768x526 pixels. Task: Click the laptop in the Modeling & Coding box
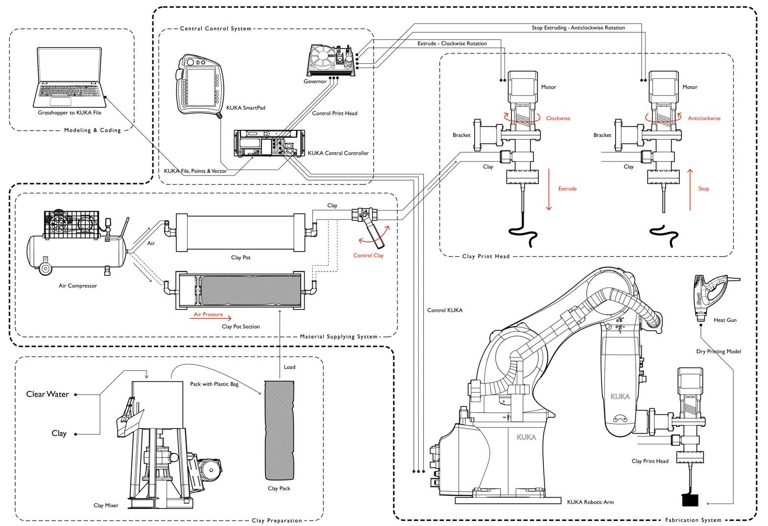point(69,77)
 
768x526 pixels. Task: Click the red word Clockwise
point(558,119)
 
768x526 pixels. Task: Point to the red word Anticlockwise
point(704,119)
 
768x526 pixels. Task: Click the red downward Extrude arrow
point(549,189)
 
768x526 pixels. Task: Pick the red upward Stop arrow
point(690,190)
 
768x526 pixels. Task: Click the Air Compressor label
point(78,286)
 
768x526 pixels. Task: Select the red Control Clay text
point(368,256)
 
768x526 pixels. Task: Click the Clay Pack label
point(279,488)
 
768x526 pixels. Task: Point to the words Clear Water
point(48,394)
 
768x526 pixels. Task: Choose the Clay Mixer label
point(106,505)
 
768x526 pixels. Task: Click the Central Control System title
point(216,28)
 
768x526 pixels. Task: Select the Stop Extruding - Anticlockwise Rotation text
point(578,27)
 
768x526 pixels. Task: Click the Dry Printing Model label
point(719,351)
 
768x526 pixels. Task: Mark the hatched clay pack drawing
point(279,430)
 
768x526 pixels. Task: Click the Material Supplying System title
point(339,337)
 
